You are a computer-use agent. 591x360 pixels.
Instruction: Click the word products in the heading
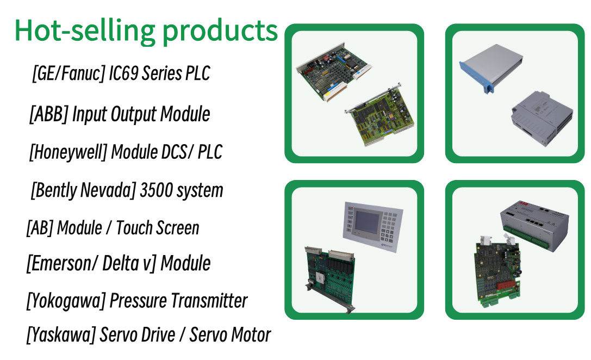click(x=220, y=33)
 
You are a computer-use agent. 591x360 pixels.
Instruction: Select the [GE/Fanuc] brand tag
click(x=69, y=73)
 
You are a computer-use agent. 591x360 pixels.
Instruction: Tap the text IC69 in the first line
click(x=123, y=73)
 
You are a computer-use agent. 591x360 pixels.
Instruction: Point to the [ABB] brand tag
click(x=48, y=114)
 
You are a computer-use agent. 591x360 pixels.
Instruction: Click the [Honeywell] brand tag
click(x=68, y=152)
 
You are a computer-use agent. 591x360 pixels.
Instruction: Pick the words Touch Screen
click(x=158, y=228)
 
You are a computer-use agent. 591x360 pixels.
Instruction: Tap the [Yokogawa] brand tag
click(x=66, y=301)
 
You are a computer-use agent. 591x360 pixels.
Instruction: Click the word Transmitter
click(x=209, y=301)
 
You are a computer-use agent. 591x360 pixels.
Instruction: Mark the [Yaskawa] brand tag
click(x=61, y=335)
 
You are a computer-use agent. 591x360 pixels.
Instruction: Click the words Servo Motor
click(x=230, y=335)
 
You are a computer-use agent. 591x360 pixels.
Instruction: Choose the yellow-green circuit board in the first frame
click(x=380, y=114)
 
